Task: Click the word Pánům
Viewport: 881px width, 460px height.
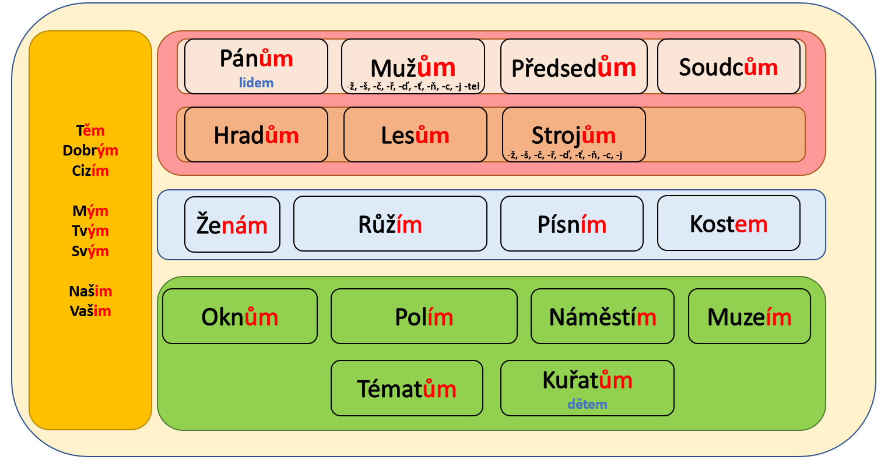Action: (256, 59)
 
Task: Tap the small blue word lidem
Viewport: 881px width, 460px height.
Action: (256, 83)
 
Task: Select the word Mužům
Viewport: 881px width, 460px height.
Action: (413, 68)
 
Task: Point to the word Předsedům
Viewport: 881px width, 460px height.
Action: (573, 68)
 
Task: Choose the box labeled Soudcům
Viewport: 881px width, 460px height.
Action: (728, 66)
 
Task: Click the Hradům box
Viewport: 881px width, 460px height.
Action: (256, 135)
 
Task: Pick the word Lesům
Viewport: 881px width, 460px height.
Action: (415, 135)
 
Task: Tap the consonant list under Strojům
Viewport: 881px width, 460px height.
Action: (565, 155)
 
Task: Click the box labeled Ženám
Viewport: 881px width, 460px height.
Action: (232, 224)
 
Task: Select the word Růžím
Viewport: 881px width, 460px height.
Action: (389, 224)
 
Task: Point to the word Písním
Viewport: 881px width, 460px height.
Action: (571, 224)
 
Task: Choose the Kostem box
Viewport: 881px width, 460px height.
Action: (728, 223)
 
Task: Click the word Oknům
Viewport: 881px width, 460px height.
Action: (240, 317)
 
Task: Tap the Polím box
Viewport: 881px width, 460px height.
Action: (424, 316)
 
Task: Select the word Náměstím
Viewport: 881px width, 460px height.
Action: (602, 317)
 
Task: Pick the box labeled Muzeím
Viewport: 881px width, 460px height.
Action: (749, 316)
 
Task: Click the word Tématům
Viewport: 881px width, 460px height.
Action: (406, 389)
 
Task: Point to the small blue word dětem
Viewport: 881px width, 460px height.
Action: (587, 404)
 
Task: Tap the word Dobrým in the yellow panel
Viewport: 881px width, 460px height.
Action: (90, 151)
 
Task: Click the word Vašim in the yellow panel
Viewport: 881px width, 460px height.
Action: (90, 311)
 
